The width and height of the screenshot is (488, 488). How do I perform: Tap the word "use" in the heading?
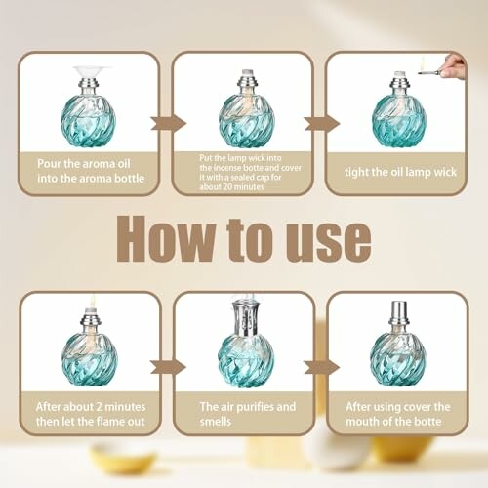[328, 238]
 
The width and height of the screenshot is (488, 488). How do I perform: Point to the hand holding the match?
[454, 66]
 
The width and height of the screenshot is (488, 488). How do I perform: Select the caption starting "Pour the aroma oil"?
[89, 172]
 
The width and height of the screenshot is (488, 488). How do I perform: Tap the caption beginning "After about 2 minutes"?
[89, 413]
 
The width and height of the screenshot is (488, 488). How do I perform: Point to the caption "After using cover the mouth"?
[397, 413]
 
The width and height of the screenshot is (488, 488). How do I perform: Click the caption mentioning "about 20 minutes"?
[243, 173]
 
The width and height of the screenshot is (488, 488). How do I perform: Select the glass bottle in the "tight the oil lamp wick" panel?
[398, 120]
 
